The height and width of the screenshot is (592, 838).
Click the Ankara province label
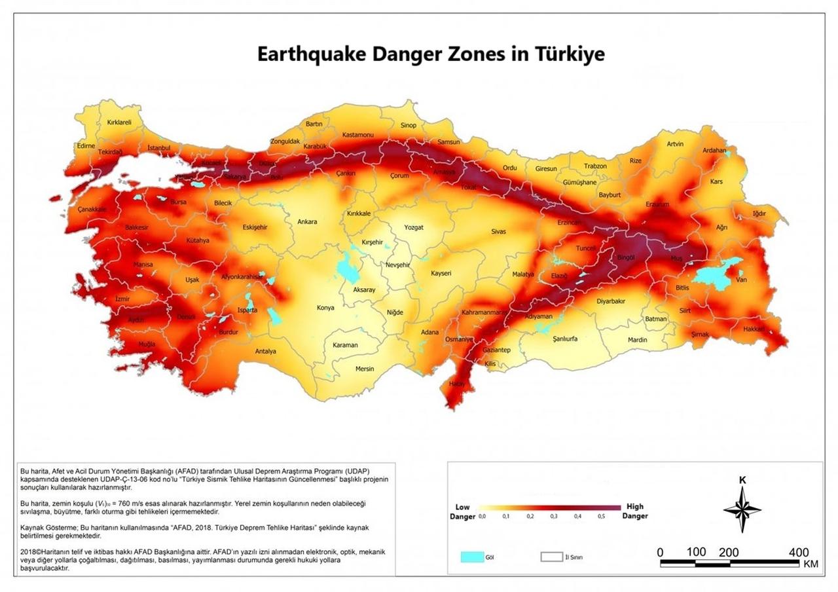[307, 222]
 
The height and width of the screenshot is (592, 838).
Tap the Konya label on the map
[325, 308]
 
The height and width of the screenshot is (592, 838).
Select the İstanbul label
[158, 149]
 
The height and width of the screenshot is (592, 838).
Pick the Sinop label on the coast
[409, 126]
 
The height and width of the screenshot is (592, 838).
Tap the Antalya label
[265, 352]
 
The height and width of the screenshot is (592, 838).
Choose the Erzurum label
[657, 204]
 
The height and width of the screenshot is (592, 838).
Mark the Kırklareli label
[119, 122]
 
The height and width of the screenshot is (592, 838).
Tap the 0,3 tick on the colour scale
[554, 517]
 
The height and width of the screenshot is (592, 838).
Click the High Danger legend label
[634, 511]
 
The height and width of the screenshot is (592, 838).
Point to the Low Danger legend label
[462, 511]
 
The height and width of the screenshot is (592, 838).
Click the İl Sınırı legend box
[551, 557]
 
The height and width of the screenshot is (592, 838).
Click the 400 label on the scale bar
[799, 553]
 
